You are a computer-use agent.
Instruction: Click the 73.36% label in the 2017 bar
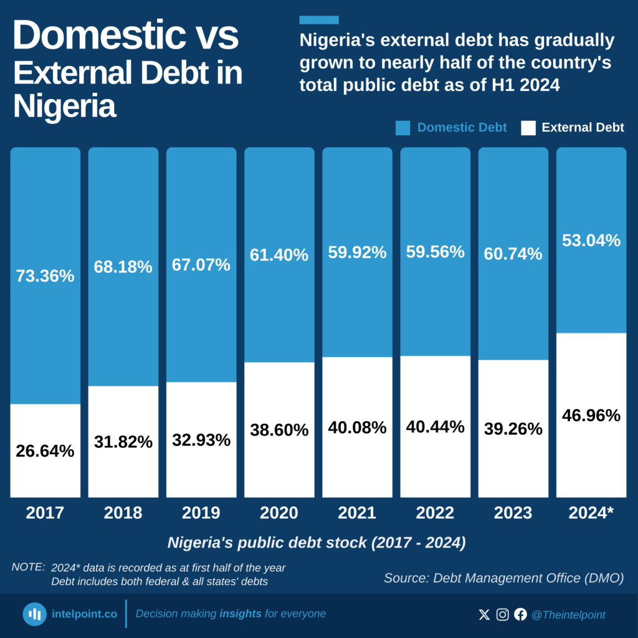[x=45, y=276]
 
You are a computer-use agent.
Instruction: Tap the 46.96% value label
[x=591, y=416]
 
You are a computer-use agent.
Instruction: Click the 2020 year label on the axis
[x=279, y=513]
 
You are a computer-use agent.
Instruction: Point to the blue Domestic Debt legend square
[x=402, y=128]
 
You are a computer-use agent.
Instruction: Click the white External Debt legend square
[x=528, y=128]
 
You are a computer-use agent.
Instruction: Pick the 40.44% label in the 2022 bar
[x=435, y=427]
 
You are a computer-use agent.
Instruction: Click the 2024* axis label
[x=591, y=513]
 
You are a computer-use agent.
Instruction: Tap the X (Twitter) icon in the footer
[x=484, y=615]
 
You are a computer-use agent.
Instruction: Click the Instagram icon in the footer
[x=502, y=615]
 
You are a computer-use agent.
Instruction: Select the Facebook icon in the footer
[x=520, y=615]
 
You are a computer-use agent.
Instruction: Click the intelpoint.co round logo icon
[x=35, y=614]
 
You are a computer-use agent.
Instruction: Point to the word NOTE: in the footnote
[x=28, y=568]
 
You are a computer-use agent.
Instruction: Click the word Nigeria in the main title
[x=64, y=106]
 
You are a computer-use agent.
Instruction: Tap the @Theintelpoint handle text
[x=568, y=615]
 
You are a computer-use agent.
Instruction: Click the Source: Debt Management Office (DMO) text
[x=503, y=578]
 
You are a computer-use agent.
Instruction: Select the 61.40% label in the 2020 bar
[x=279, y=255]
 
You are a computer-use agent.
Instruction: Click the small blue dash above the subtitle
[x=319, y=20]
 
